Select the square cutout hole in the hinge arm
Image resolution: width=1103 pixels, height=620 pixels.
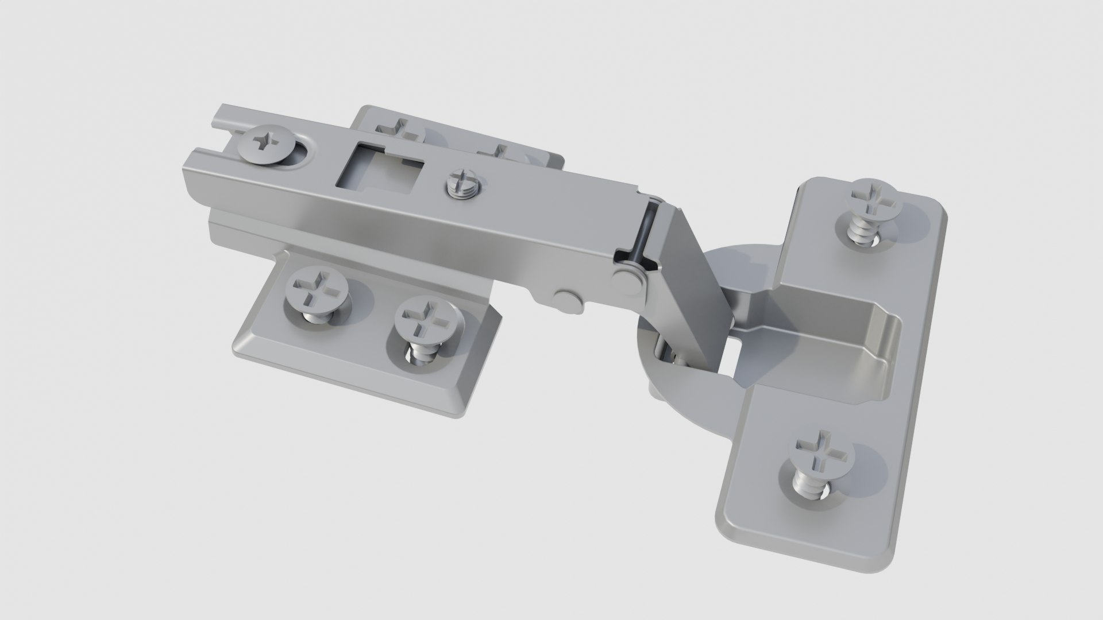[379, 166]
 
